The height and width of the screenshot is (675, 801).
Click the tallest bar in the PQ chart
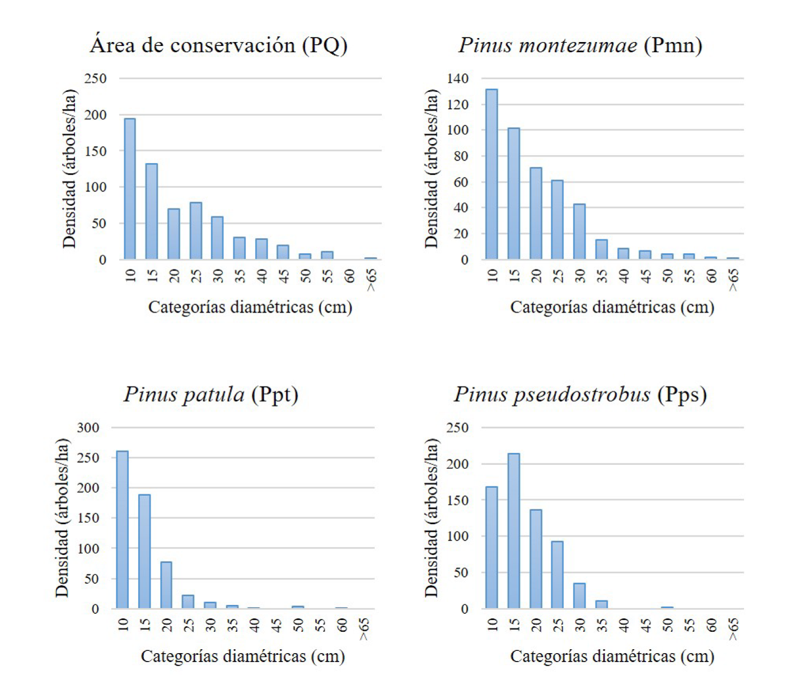129,189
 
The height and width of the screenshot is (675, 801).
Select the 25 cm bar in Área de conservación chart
195,231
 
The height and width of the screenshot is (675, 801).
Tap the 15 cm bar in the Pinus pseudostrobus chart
513,531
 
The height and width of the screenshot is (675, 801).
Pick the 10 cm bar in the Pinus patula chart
122,530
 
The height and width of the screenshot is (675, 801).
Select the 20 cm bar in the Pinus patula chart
166,585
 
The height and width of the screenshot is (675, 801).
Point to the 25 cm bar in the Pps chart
557,575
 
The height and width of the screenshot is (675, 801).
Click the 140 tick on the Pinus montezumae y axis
457,78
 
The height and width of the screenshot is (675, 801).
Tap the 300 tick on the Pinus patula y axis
88,427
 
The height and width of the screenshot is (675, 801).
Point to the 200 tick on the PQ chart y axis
95,115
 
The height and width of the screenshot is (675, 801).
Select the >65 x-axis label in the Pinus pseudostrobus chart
733,629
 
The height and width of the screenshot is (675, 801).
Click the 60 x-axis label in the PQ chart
349,276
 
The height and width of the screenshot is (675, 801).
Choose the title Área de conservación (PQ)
218,45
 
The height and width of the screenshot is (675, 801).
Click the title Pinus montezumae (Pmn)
580,45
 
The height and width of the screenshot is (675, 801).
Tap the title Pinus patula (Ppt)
211,394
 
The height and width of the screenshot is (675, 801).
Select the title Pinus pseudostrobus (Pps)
580,394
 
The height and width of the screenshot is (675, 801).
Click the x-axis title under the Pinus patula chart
242,656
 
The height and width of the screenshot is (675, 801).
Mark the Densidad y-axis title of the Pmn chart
431,168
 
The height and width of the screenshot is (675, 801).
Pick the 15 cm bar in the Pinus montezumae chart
513,194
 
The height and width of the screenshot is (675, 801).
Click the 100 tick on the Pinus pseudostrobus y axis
457,536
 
